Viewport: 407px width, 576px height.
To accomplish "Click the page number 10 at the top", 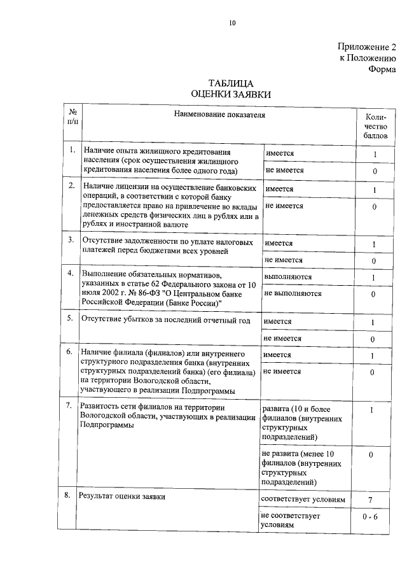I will [232, 24].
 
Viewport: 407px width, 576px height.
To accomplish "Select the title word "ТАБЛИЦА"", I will [231, 83].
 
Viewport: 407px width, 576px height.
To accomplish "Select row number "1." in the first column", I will [72, 150].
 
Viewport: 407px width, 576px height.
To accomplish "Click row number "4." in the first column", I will [72, 273].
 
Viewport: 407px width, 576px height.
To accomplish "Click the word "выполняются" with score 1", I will [287, 277].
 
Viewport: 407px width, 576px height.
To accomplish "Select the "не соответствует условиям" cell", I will [290, 520].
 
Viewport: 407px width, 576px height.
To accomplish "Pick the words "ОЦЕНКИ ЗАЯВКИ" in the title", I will [231, 94].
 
